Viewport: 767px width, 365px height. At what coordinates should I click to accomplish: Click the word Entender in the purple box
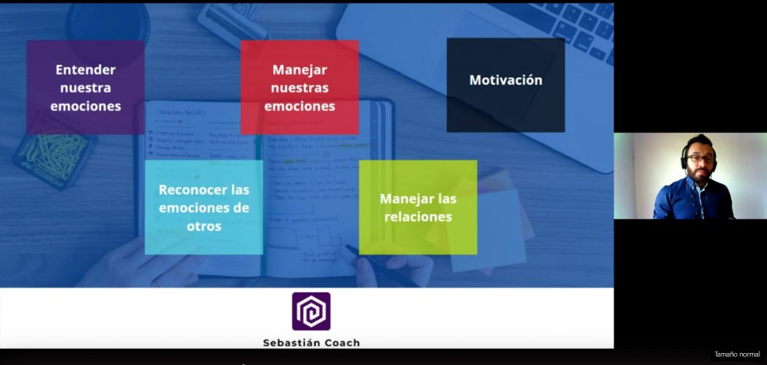click(85, 70)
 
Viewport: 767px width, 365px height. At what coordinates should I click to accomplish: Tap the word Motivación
click(506, 80)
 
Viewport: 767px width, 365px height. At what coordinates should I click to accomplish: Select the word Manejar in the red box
click(300, 70)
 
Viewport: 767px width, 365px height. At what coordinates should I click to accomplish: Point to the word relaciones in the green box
click(418, 217)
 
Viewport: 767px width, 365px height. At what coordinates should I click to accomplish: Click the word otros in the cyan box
click(204, 226)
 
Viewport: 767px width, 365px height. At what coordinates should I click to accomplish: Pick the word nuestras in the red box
click(300, 88)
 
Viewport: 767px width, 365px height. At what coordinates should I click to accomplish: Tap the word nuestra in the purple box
click(85, 88)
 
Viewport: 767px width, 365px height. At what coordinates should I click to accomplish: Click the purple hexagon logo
click(311, 311)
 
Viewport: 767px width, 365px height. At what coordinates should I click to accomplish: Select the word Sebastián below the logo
click(291, 343)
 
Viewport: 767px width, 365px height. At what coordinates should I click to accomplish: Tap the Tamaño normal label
click(737, 355)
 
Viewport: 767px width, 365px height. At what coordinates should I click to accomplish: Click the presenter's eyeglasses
click(700, 159)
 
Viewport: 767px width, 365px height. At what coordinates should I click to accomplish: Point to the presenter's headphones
click(685, 156)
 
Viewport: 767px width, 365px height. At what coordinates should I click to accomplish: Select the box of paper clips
click(54, 151)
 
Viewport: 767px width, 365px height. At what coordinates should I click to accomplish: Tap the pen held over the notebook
click(381, 267)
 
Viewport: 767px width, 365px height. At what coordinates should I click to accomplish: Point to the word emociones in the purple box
click(85, 106)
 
